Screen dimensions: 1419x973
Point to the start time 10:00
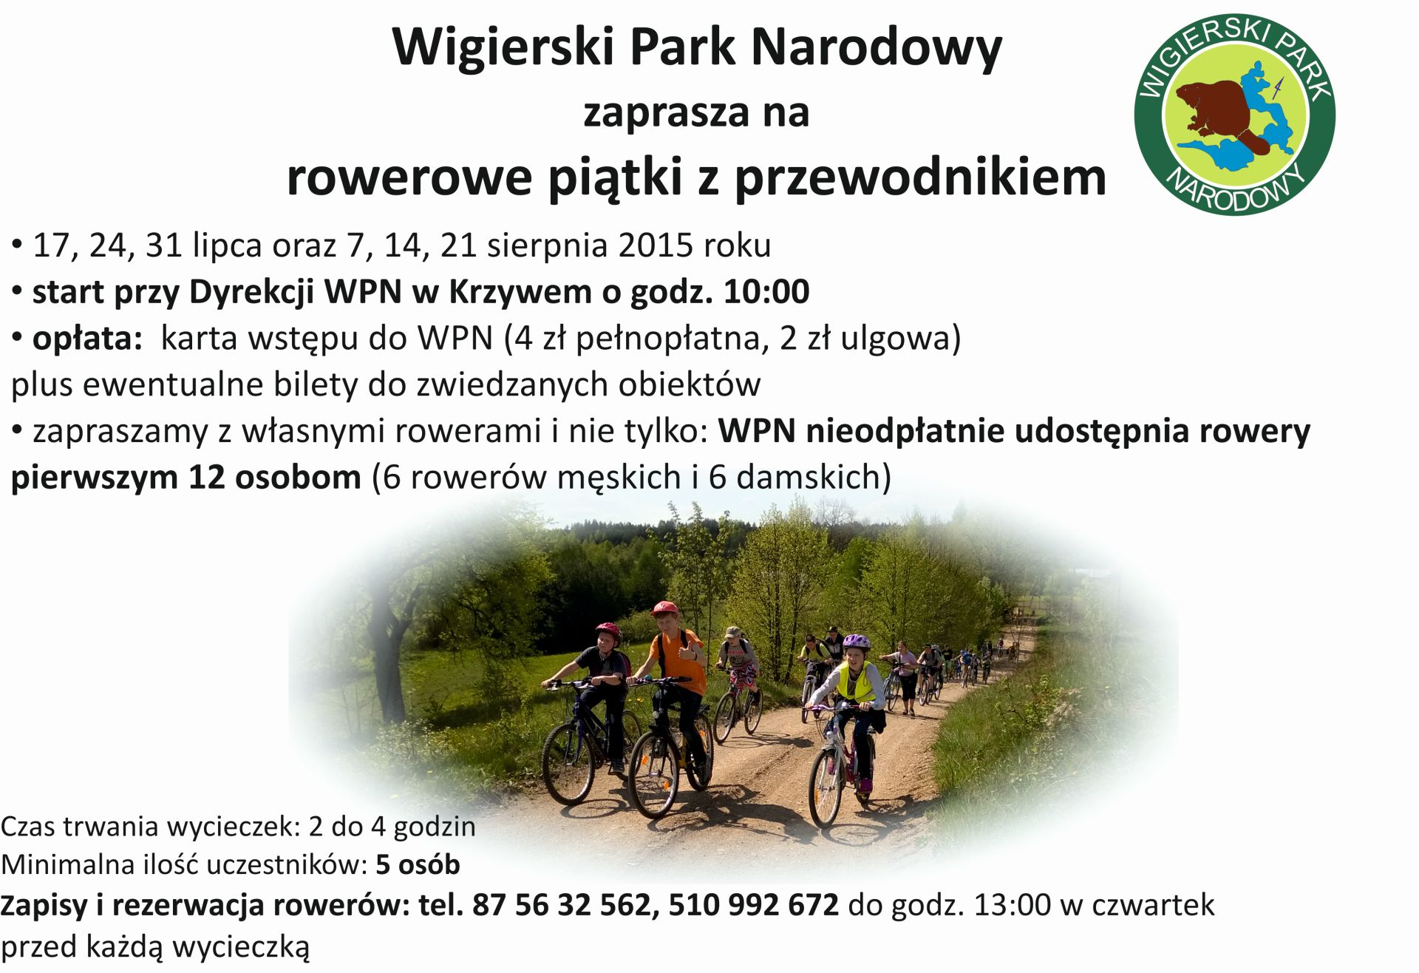pyautogui.click(x=766, y=291)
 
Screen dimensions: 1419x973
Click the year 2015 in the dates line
pyautogui.click(x=656, y=245)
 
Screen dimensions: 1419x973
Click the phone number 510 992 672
pyautogui.click(x=754, y=904)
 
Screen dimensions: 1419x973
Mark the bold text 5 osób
pyautogui.click(x=418, y=864)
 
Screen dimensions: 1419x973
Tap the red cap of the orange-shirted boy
pyautogui.click(x=664, y=608)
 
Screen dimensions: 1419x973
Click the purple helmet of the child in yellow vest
pyautogui.click(x=857, y=642)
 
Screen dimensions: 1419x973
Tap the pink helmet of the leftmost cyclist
pyautogui.click(x=608, y=631)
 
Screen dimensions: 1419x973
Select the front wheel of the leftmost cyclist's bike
pyautogui.click(x=568, y=763)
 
